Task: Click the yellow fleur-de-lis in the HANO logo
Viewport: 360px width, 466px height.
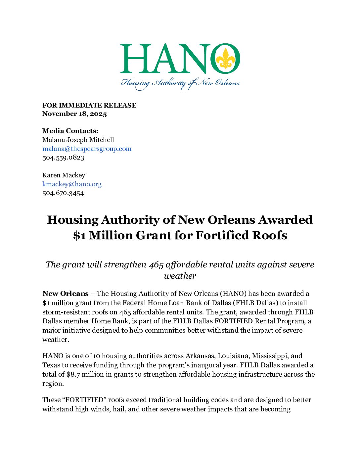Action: click(x=225, y=59)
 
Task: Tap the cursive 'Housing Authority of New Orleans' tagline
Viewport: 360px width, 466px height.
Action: click(x=180, y=83)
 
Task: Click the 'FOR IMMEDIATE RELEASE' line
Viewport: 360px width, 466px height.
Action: click(x=89, y=105)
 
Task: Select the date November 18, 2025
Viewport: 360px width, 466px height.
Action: click(x=74, y=114)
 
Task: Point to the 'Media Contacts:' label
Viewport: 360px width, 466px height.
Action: click(x=70, y=131)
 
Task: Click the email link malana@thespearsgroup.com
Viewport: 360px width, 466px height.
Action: click(x=87, y=149)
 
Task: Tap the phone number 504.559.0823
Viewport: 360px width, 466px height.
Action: click(x=63, y=158)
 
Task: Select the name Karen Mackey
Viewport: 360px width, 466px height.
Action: click(x=64, y=175)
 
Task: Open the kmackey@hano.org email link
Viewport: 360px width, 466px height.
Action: click(x=72, y=184)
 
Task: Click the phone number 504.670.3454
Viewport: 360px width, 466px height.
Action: click(x=63, y=193)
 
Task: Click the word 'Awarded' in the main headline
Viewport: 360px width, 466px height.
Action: click(x=285, y=220)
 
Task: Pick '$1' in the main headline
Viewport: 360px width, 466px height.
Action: click(x=79, y=235)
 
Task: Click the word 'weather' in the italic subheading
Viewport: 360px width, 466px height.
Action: click(x=180, y=276)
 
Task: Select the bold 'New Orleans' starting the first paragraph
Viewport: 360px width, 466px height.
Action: click(x=66, y=294)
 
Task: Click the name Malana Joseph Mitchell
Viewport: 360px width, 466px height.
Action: click(x=78, y=140)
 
